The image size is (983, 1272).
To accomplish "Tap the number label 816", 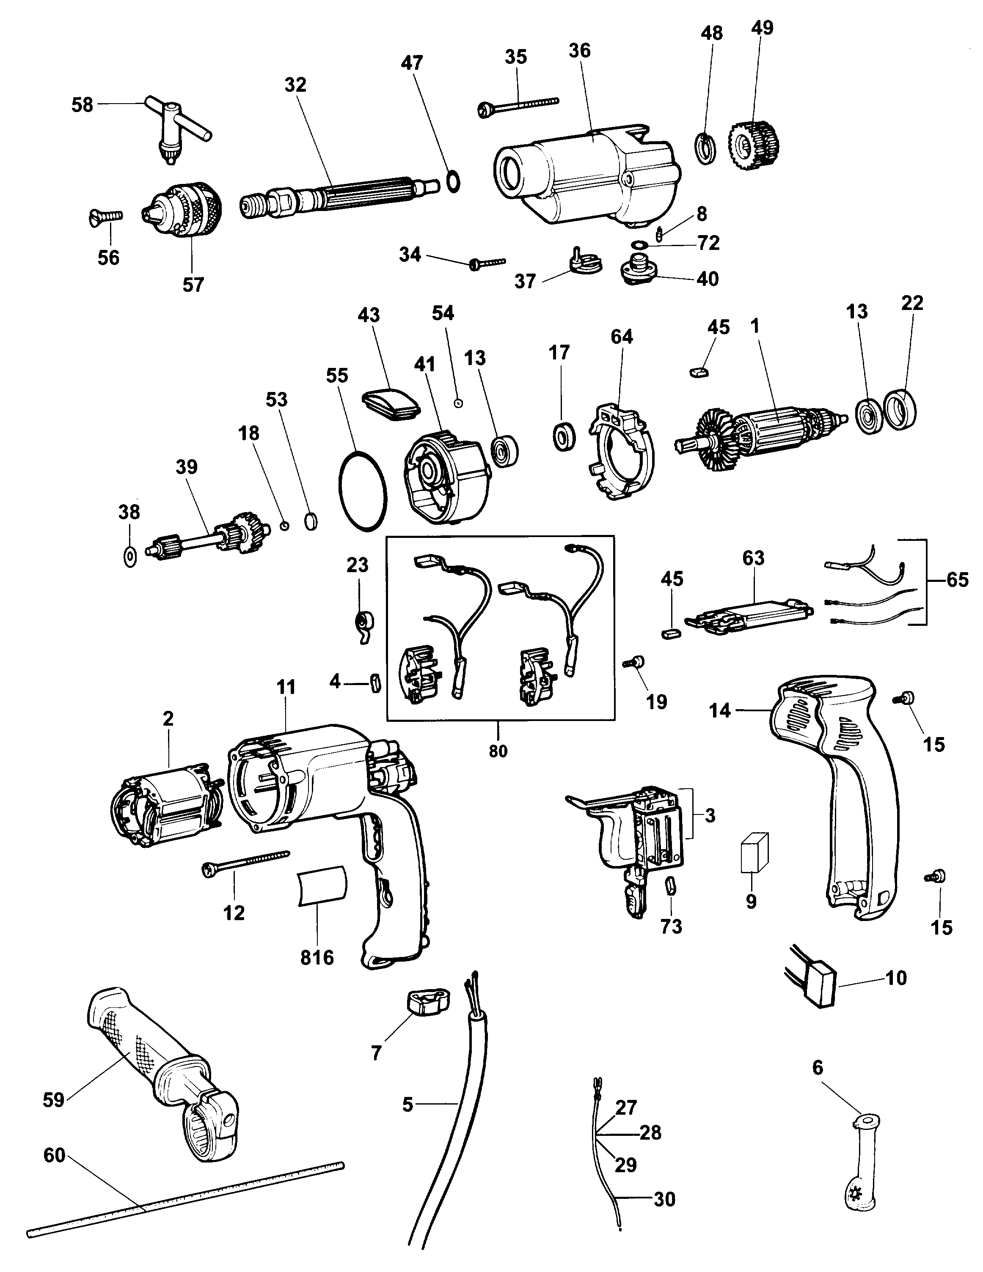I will [x=317, y=957].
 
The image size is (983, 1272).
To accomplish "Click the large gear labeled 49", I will [x=753, y=145].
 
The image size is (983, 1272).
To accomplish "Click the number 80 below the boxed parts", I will [x=498, y=751].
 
